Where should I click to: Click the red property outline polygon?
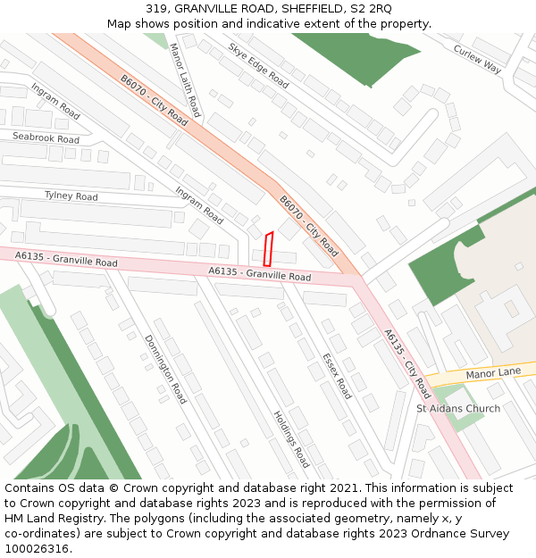(x=268, y=249)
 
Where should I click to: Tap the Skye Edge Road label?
(x=258, y=65)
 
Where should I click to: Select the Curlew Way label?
(x=478, y=58)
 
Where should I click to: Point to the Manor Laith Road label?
(x=185, y=81)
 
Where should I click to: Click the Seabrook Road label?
(x=46, y=137)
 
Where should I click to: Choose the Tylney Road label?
(x=71, y=196)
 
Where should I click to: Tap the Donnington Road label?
(x=165, y=369)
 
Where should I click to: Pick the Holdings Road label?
(x=291, y=439)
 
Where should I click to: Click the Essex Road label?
(x=337, y=376)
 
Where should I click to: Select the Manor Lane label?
(x=493, y=372)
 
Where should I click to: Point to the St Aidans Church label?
(x=458, y=409)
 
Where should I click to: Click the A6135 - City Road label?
(x=407, y=363)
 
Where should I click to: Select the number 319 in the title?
(x=157, y=8)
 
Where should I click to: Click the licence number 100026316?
(x=37, y=548)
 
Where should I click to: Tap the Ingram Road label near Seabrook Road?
(x=55, y=102)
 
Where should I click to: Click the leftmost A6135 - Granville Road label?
(x=66, y=259)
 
